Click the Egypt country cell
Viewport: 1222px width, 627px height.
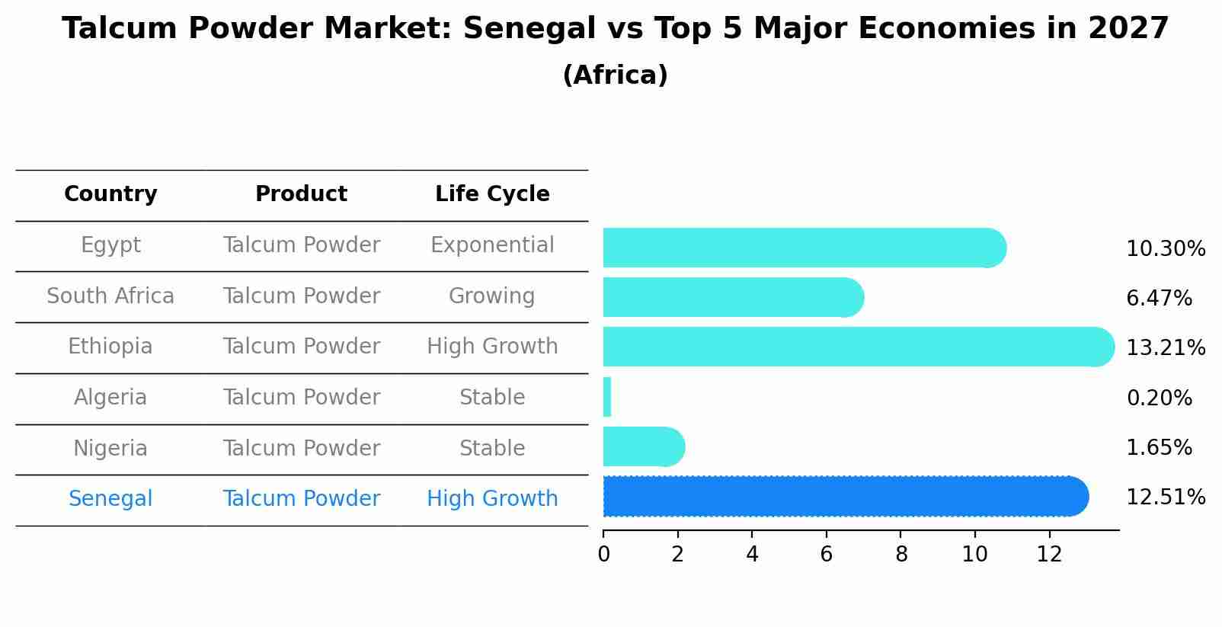coord(110,245)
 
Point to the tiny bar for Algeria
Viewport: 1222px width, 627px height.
coord(607,397)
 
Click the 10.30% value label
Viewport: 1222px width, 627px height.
coord(1165,249)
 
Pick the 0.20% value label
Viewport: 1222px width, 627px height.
coord(1159,398)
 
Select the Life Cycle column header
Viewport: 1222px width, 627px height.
coord(492,194)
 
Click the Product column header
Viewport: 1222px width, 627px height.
coord(301,194)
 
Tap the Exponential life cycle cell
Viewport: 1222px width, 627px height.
coord(492,245)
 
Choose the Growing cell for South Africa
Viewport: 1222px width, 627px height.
coord(492,296)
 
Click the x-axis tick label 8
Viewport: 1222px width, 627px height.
coord(901,555)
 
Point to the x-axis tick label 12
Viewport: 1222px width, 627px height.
coord(1049,555)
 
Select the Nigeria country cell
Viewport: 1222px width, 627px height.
coord(110,448)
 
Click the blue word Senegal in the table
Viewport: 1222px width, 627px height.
coord(110,499)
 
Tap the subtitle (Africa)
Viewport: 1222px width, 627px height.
coord(615,75)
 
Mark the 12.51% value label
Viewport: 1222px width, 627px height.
coord(1165,497)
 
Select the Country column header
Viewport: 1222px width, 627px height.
coord(110,194)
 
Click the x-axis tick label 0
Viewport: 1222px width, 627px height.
coord(603,555)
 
